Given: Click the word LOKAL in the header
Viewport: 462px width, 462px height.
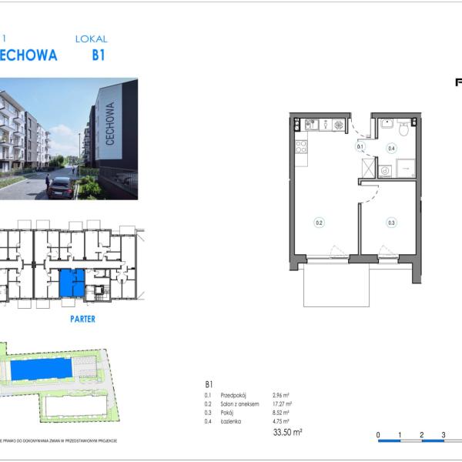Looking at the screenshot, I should pos(91,38).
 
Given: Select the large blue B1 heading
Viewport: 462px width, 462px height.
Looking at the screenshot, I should pos(98,55).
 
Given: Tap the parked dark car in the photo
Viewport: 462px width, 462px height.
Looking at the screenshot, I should pos(60,187).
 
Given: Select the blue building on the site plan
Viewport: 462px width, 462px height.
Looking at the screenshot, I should pos(42,370).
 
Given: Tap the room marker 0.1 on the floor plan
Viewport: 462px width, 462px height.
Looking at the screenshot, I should pos(360,146).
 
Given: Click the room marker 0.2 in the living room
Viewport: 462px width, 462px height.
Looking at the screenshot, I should pos(319,223).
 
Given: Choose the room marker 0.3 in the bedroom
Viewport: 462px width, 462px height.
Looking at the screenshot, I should pos(391,223).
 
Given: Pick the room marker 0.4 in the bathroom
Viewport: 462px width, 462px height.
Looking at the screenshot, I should pos(391,149).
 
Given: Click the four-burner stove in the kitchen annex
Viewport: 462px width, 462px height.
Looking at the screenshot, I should pos(301,146).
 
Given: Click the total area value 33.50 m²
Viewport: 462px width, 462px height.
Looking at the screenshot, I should pos(287,433).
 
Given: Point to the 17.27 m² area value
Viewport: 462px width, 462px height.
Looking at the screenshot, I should pos(281,404).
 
